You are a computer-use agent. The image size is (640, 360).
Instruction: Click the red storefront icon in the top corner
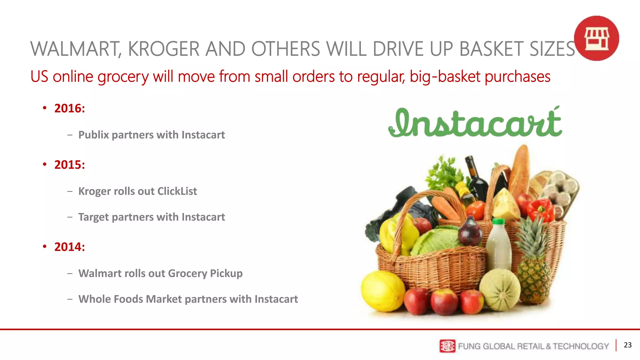pyautogui.click(x=596, y=38)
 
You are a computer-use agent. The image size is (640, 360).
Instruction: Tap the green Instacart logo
pyautogui.click(x=475, y=123)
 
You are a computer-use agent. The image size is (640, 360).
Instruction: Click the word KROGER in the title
pyautogui.click(x=163, y=49)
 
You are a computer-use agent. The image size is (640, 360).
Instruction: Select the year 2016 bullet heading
pyautogui.click(x=69, y=108)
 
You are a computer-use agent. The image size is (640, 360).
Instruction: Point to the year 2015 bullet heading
pyautogui.click(x=69, y=165)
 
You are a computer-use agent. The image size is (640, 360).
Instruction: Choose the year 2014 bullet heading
pyautogui.click(x=69, y=247)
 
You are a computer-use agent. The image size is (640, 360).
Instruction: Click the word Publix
pyautogui.click(x=93, y=135)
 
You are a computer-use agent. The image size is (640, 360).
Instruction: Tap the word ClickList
pyautogui.click(x=177, y=191)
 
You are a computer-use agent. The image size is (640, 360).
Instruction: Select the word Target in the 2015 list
pyautogui.click(x=93, y=217)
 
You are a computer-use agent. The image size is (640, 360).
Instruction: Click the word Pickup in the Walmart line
pyautogui.click(x=226, y=273)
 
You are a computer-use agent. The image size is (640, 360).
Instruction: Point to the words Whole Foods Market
pyautogui.click(x=130, y=299)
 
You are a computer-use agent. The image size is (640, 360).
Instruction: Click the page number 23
pyautogui.click(x=627, y=345)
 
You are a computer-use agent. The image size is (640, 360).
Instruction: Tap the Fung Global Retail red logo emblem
pyautogui.click(x=447, y=346)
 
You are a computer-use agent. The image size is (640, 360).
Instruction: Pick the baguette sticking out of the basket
pyautogui.click(x=519, y=170)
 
